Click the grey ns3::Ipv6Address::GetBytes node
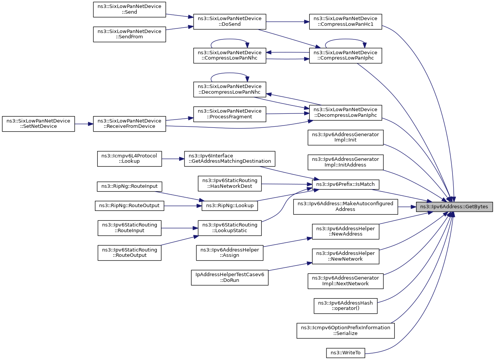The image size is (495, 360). click(x=454, y=207)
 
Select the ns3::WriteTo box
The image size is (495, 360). click(x=345, y=353)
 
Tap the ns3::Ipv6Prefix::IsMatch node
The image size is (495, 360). click(x=345, y=184)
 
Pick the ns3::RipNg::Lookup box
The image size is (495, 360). click(x=230, y=206)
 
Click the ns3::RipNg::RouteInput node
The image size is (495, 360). click(x=129, y=186)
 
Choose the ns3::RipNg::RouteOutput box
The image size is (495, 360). click(x=129, y=206)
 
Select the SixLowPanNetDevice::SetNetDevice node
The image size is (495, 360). click(x=38, y=124)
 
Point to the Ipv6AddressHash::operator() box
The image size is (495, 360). click(x=345, y=306)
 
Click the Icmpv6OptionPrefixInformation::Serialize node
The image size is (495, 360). click(x=345, y=330)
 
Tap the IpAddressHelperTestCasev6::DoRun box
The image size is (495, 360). click(x=230, y=277)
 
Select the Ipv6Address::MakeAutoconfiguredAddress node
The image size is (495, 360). click(x=345, y=207)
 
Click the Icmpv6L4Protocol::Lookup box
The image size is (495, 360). click(x=129, y=159)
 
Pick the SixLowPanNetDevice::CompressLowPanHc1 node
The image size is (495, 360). click(x=345, y=22)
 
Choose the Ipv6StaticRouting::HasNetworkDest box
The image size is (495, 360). click(x=230, y=184)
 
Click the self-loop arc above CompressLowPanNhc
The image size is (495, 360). click(x=230, y=39)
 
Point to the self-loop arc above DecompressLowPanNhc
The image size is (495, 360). click(x=230, y=73)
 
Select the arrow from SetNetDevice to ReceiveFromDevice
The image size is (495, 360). click(x=84, y=124)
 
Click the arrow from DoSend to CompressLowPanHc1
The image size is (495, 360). click(x=288, y=22)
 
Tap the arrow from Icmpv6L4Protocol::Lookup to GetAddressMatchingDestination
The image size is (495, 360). click(x=173, y=159)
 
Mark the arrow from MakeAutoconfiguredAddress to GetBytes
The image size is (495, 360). click(x=407, y=207)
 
